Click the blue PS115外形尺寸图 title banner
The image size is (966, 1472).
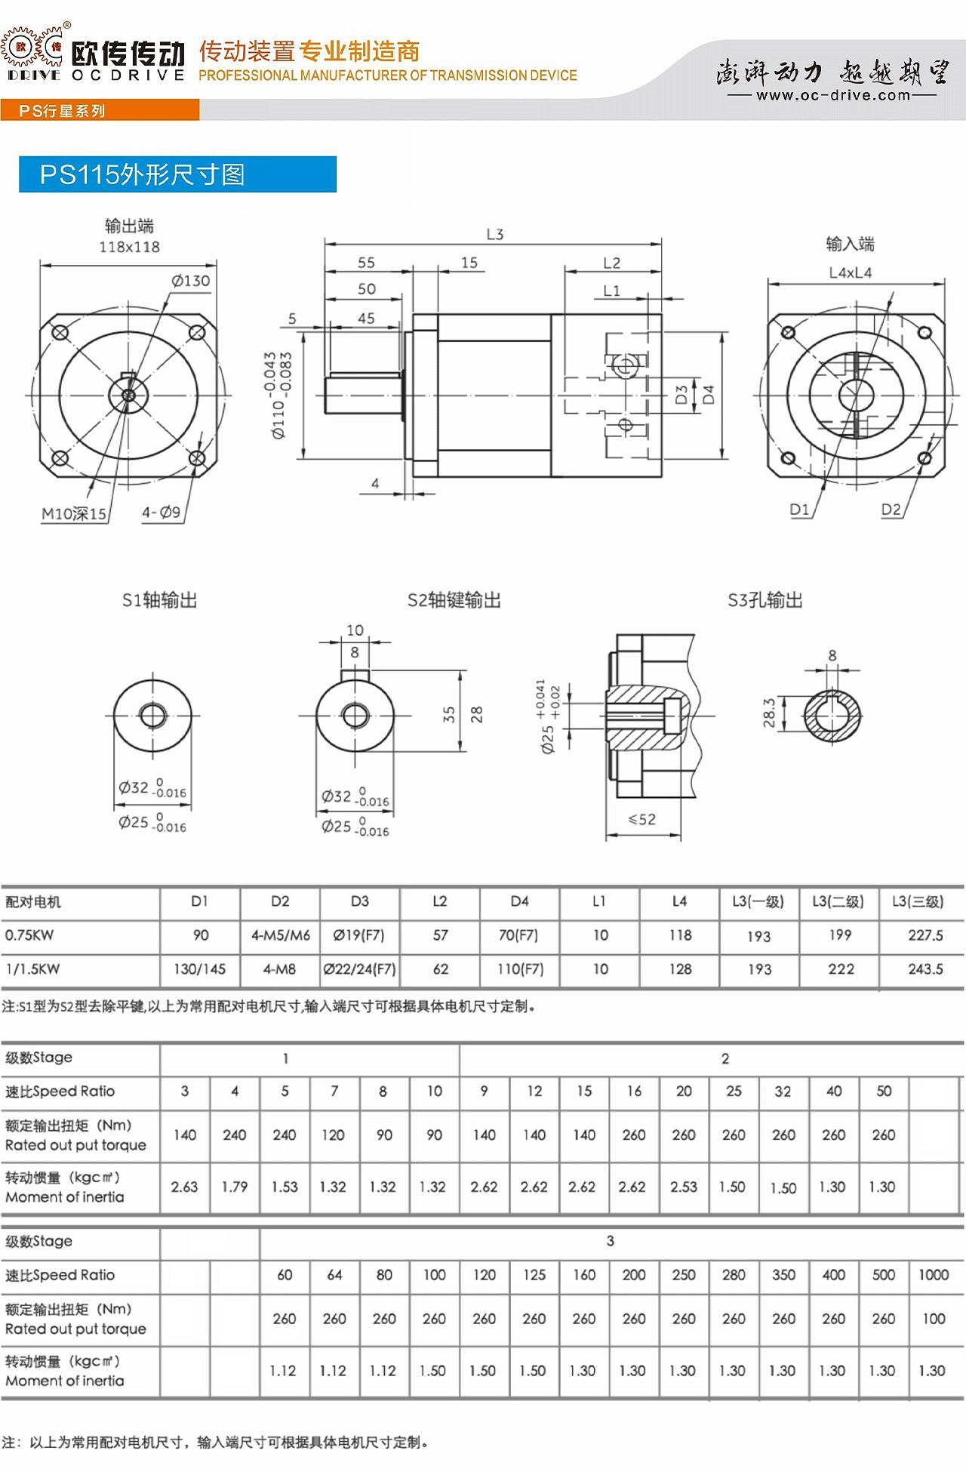177,174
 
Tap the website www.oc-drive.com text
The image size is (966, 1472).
833,95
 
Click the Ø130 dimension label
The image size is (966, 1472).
191,281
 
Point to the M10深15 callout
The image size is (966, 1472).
74,514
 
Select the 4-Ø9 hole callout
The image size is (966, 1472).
162,513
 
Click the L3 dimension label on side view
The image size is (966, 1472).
495,234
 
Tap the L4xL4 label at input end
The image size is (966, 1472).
851,273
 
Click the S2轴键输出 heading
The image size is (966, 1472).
454,600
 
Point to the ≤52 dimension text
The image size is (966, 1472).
642,819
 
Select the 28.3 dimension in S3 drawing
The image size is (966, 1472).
769,713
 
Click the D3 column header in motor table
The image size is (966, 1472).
360,901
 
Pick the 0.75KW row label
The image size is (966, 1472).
29,935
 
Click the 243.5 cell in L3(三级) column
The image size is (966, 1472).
925,969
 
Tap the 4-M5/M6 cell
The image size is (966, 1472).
281,935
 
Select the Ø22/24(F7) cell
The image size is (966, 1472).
360,969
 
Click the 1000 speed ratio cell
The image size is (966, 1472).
934,1275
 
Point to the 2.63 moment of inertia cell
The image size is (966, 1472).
184,1187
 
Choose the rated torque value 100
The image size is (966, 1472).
934,1319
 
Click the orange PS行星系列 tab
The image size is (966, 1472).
100,110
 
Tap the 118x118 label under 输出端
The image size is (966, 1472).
129,247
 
